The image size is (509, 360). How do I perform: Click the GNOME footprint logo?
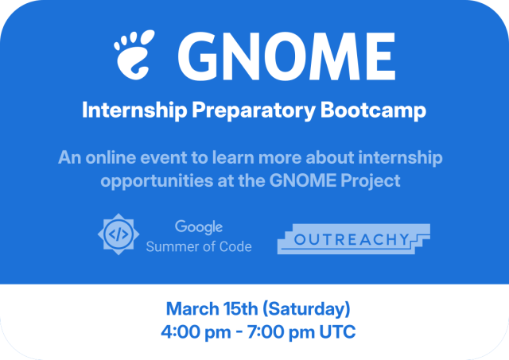pyautogui.click(x=136, y=54)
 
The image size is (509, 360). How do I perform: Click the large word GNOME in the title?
pyautogui.click(x=287, y=54)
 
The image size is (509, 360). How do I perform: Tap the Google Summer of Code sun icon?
pyautogui.click(x=118, y=234)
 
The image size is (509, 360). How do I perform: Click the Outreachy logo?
pyautogui.click(x=353, y=238)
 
